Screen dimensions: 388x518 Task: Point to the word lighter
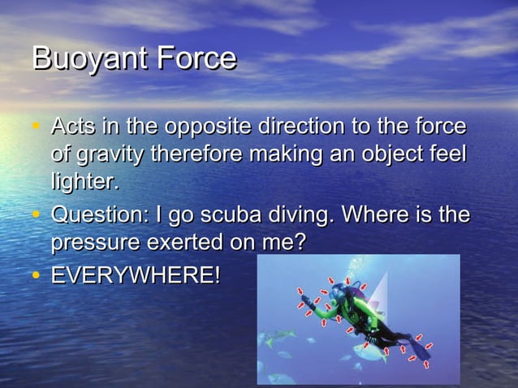[84, 180]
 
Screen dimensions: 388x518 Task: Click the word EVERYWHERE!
[135, 274]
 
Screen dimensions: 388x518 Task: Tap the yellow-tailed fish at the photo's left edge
[267, 340]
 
